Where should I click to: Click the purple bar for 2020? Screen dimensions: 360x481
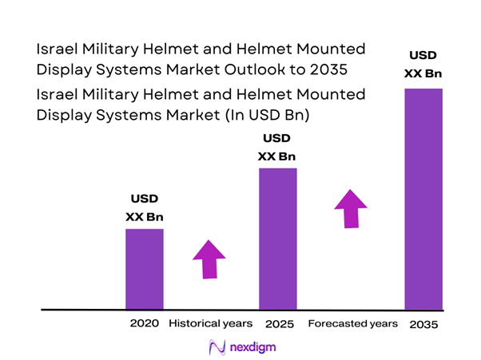[x=145, y=268]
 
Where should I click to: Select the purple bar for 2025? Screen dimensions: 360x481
[x=277, y=238]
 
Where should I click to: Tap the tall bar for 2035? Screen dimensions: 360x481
[x=423, y=198]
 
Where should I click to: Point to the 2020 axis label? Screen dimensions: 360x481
[x=145, y=324]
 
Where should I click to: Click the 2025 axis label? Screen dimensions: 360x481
[x=279, y=324]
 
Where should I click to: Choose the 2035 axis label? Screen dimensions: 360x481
[x=423, y=325]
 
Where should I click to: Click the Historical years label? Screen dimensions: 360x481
[x=210, y=324]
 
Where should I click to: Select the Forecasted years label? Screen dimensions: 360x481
[x=352, y=324]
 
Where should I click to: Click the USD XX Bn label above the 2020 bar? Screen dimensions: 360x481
[x=145, y=207]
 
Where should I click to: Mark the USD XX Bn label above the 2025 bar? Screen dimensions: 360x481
[x=277, y=147]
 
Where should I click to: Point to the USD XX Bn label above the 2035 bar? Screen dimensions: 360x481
[x=423, y=65]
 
